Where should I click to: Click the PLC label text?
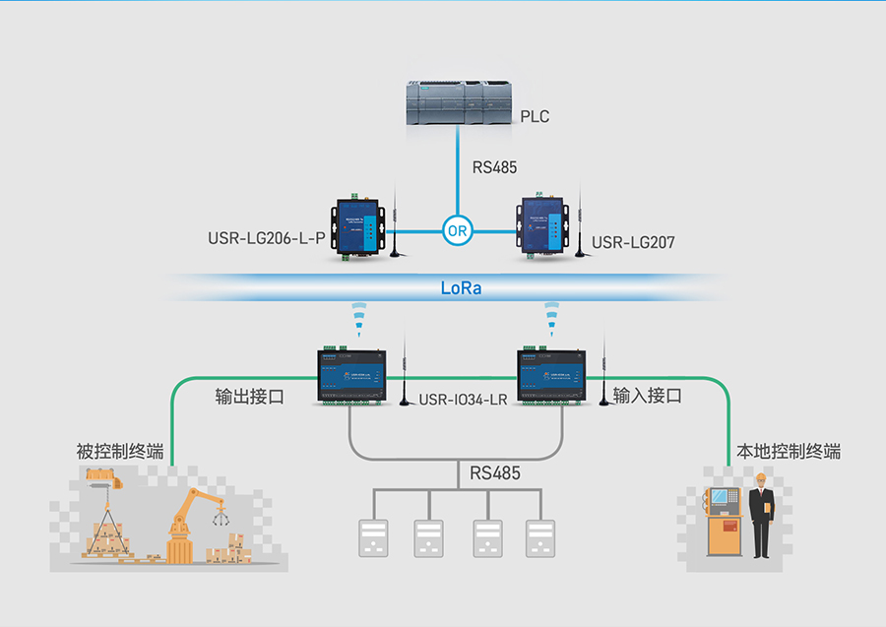pyautogui.click(x=535, y=117)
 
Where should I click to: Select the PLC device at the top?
pyautogui.click(x=460, y=103)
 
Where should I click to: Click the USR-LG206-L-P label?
pyautogui.click(x=266, y=238)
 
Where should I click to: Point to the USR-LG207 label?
pyautogui.click(x=633, y=242)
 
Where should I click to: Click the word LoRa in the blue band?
pyautogui.click(x=461, y=289)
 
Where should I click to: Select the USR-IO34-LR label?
pyautogui.click(x=463, y=400)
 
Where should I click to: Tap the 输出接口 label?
pyautogui.click(x=250, y=397)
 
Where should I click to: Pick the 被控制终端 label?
pyautogui.click(x=120, y=452)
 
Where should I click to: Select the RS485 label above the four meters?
pyautogui.click(x=494, y=473)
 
